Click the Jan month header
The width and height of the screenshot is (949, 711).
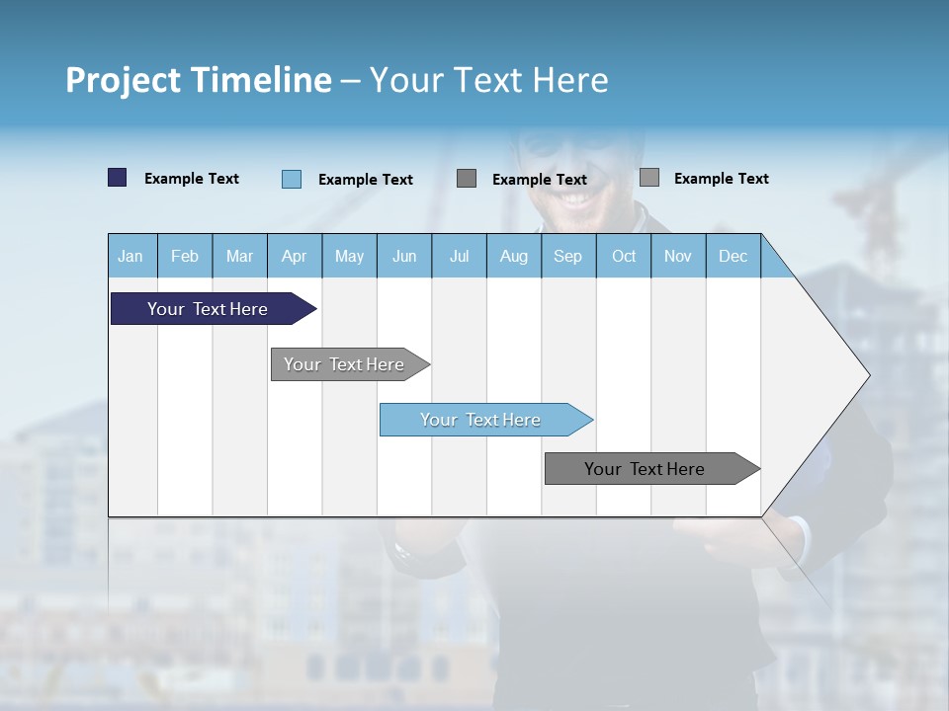[130, 256]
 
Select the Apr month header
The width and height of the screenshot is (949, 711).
[294, 256]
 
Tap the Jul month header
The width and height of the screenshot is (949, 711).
[459, 256]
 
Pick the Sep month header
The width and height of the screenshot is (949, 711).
[567, 256]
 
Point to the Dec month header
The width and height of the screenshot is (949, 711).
[733, 256]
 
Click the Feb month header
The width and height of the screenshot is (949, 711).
[185, 256]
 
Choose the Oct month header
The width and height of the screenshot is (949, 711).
[624, 256]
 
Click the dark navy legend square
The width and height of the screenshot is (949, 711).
[117, 178]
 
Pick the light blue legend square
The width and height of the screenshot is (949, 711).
[291, 179]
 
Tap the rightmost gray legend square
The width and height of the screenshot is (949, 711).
[648, 178]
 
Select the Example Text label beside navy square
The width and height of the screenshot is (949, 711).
[192, 179]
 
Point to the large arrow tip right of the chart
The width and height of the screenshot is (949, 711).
[840, 375]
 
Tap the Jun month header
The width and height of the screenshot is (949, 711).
[404, 256]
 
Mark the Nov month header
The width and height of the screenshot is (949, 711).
[678, 256]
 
